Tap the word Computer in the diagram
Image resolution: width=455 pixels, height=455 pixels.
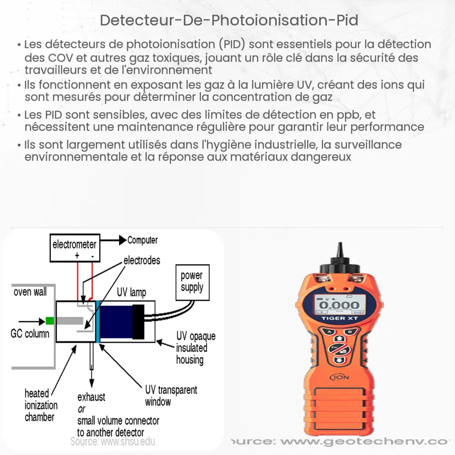[x=142, y=240]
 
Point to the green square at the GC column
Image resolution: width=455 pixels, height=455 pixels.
[x=50, y=321]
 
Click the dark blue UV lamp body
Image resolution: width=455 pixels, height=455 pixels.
[x=116, y=321]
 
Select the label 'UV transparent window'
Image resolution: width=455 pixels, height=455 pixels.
[x=171, y=395]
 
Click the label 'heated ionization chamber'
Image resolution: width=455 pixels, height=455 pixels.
[x=41, y=405]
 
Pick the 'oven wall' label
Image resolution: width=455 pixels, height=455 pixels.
[x=30, y=292]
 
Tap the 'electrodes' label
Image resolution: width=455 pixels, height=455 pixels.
[x=142, y=260]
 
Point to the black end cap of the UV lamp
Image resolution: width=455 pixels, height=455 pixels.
[x=138, y=321]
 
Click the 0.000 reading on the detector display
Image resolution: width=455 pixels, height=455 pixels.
[x=337, y=305]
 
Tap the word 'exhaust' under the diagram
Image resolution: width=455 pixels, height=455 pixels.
[x=91, y=397]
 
